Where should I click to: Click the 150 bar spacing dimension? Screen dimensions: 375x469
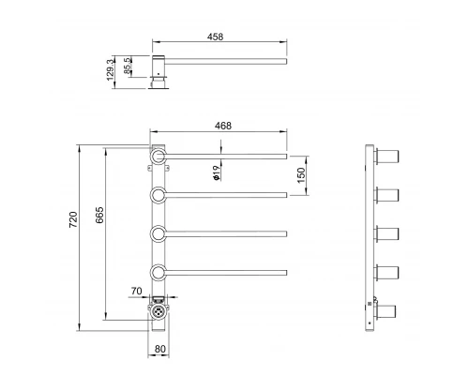pyautogui.click(x=302, y=174)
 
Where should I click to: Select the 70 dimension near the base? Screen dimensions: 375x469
pyautogui.click(x=136, y=292)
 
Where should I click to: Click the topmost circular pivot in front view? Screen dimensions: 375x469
pyautogui.click(x=159, y=155)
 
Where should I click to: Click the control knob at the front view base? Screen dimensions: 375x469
pyautogui.click(x=159, y=308)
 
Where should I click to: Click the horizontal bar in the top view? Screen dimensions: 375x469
pyautogui.click(x=225, y=65)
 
